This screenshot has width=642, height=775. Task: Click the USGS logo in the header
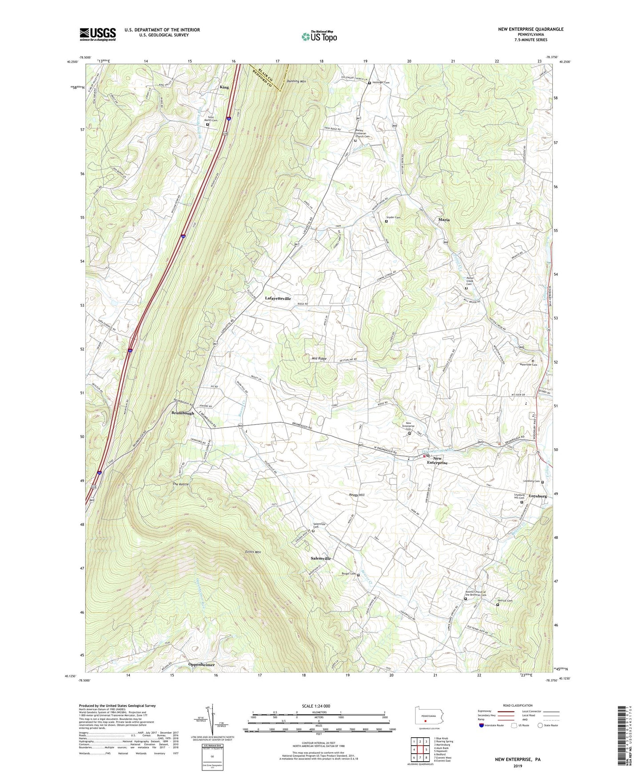98,34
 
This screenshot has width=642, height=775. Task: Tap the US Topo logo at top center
319,36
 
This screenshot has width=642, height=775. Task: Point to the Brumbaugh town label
183,413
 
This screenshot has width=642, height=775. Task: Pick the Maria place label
443,220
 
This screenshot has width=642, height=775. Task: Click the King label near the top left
224,87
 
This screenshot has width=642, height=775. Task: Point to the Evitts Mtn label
253,552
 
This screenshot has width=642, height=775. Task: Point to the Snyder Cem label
393,217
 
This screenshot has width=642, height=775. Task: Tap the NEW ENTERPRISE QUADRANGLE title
530,29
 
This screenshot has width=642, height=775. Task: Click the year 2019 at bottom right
518,766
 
